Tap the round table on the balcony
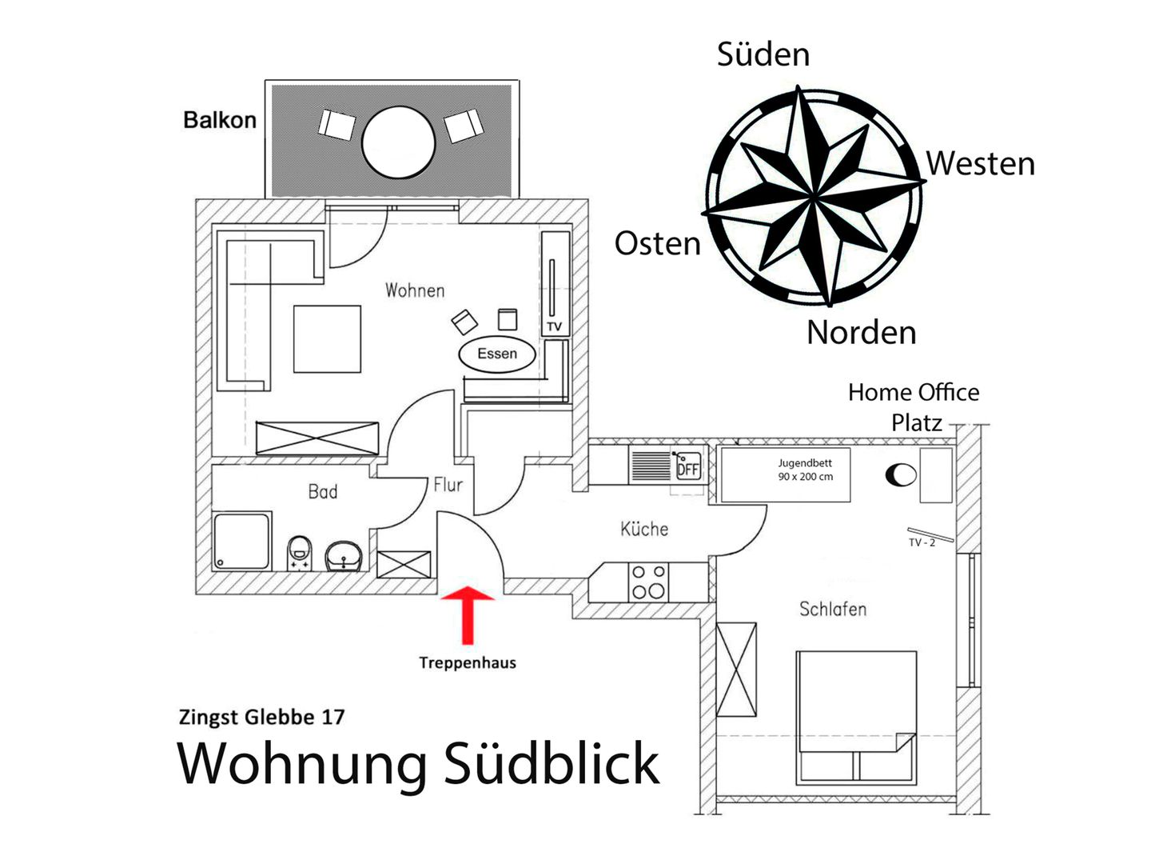point(398,142)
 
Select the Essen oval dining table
point(497,354)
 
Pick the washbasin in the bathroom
point(345,554)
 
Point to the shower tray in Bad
point(241,541)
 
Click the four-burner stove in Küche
point(648,582)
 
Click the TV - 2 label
point(922,542)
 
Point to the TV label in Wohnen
point(555,326)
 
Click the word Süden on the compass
point(763,54)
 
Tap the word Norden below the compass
point(861,332)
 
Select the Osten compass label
point(657,243)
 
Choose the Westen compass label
point(981,163)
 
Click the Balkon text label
point(220,120)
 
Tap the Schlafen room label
point(833,609)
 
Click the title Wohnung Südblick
point(418,763)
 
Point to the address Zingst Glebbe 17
point(261,717)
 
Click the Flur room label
point(448,484)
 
